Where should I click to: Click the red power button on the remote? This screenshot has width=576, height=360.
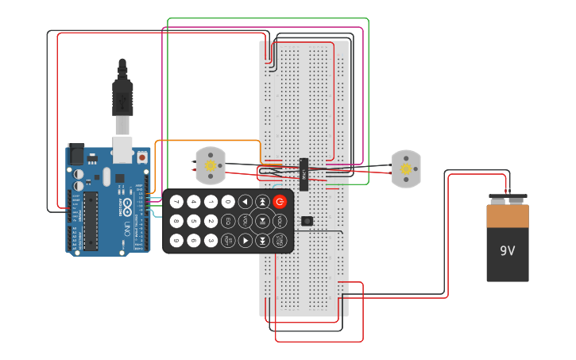click(280, 202)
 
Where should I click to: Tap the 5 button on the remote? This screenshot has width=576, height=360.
click(193, 221)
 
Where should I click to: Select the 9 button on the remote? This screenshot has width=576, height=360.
click(176, 240)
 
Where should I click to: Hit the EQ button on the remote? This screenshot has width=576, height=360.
click(228, 221)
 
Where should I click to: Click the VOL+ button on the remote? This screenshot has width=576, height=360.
click(280, 221)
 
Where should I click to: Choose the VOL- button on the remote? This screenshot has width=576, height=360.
click(245, 221)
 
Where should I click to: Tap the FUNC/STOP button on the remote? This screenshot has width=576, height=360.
click(280, 240)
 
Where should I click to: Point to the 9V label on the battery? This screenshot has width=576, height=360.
click(508, 250)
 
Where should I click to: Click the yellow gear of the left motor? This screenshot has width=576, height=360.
click(211, 166)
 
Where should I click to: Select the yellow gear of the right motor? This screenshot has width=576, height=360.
click(406, 168)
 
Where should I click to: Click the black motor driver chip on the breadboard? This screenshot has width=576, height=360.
click(303, 169)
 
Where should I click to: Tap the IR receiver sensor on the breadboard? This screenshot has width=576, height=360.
click(307, 220)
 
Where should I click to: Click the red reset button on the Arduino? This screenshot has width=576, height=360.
click(143, 157)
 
